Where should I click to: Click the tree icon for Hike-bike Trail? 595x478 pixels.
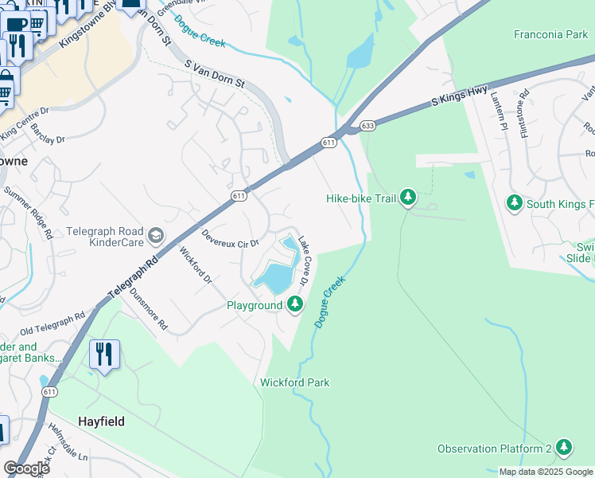click(x=407, y=197)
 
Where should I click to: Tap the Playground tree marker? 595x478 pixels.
click(x=295, y=304)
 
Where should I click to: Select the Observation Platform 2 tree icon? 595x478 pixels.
click(x=564, y=448)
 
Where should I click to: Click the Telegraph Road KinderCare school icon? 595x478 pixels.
click(x=157, y=234)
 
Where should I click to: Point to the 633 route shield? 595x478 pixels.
click(x=367, y=125)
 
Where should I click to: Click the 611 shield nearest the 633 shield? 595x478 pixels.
click(x=329, y=142)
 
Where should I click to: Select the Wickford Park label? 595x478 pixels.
click(x=294, y=382)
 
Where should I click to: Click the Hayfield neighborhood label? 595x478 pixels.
click(x=101, y=421)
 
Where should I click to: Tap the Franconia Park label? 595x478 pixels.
click(x=550, y=35)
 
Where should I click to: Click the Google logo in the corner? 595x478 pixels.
click(x=25, y=468)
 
